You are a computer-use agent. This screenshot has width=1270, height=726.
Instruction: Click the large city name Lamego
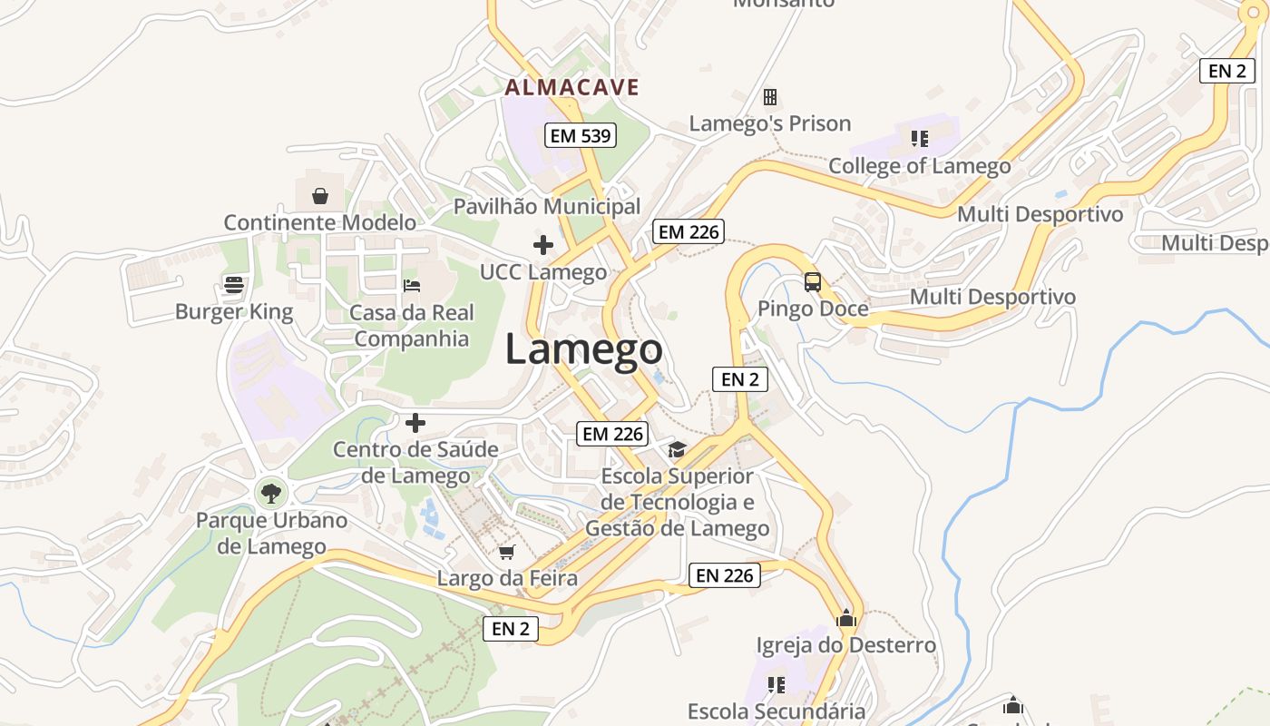[x=583, y=349]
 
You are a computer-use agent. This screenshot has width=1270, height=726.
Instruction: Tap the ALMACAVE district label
[x=571, y=87]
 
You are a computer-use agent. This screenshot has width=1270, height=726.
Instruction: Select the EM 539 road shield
[x=581, y=136]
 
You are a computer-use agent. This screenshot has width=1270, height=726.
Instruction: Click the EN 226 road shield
[x=725, y=575]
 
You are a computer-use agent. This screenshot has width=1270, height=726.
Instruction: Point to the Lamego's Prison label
[x=769, y=123]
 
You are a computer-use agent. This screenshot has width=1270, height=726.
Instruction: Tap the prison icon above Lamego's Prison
[x=769, y=96]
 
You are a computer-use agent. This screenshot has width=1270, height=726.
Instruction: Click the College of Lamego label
[x=919, y=166]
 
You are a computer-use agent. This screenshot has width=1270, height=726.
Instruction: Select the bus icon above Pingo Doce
[x=812, y=281]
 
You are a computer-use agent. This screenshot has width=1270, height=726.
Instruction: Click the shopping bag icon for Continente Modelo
[x=320, y=196]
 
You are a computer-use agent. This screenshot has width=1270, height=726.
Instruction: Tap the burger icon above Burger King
[x=234, y=285]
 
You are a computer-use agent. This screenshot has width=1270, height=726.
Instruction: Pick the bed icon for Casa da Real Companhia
[x=412, y=285]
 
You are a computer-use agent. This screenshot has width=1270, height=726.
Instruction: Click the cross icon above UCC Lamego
[x=543, y=245]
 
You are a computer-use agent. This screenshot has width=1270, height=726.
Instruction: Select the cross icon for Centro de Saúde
[x=415, y=423]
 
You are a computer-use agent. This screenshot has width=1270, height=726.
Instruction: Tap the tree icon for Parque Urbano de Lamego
[x=270, y=494]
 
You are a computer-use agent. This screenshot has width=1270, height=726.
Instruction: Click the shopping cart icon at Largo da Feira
[x=507, y=552]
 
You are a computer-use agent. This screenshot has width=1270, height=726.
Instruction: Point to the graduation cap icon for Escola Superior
[x=677, y=449]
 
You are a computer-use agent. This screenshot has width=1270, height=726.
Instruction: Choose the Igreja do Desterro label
[x=845, y=645]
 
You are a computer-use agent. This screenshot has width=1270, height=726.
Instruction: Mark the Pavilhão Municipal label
[x=546, y=206]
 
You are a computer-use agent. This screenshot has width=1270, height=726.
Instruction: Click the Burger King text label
[x=234, y=312]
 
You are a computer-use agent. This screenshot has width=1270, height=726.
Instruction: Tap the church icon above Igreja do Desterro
[x=846, y=619]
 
